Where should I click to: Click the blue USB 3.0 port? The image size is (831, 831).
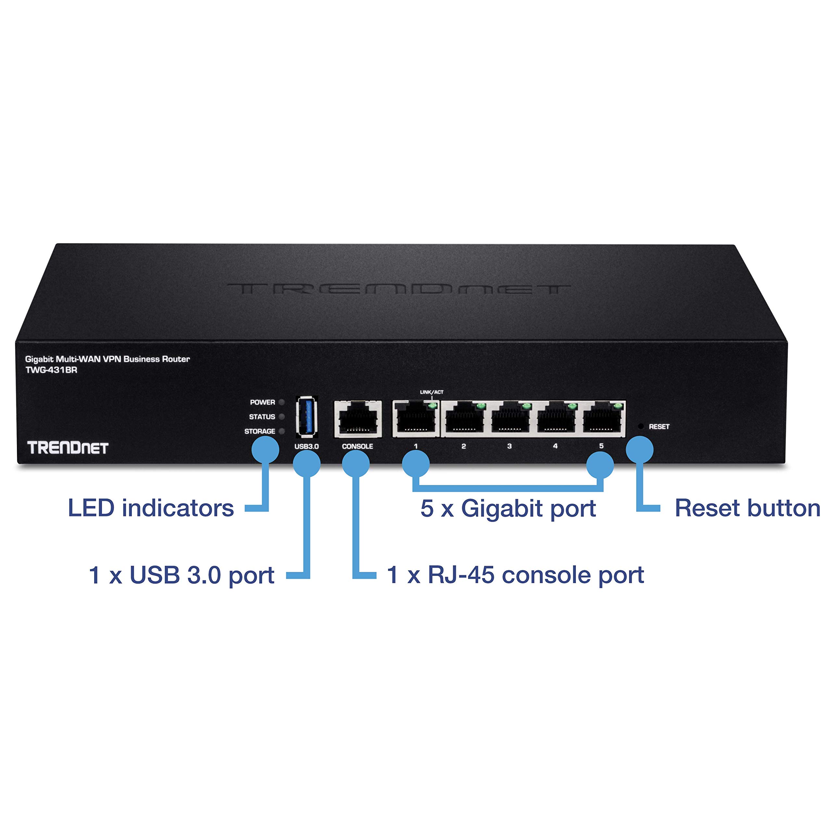[307, 417]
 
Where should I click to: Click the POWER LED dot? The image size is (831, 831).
[282, 402]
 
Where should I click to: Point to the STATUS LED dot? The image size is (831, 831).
[282, 417]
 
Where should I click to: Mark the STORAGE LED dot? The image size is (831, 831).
[282, 431]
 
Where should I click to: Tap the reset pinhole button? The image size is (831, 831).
[640, 427]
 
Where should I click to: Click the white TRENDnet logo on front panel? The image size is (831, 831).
[68, 448]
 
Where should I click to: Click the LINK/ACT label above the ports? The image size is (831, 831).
[431, 392]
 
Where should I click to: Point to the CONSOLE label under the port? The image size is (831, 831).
[357, 446]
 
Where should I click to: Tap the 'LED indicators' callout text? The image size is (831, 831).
[151, 508]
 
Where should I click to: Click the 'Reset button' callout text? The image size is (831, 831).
[747, 508]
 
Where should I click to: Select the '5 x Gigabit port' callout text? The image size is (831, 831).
[508, 508]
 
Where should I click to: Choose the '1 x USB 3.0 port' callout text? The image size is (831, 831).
[181, 575]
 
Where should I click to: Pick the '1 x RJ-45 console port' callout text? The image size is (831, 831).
[515, 575]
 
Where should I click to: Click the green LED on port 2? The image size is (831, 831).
[480, 406]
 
